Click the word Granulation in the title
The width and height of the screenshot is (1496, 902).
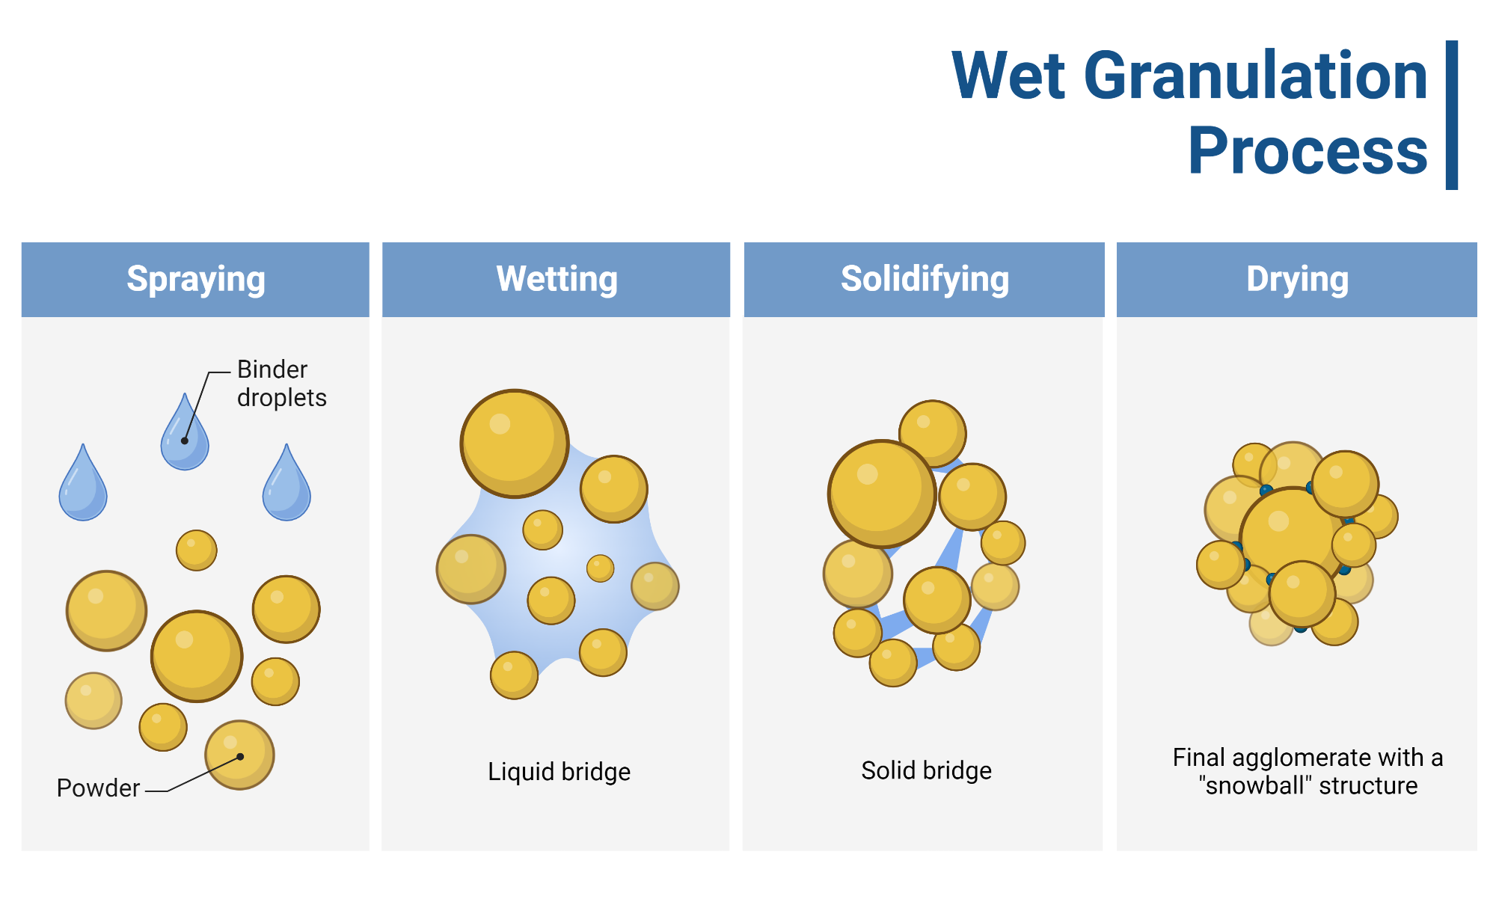pyautogui.click(x=1256, y=76)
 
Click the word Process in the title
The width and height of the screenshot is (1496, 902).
pyautogui.click(x=1308, y=151)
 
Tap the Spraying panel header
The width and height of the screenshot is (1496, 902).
pyautogui.click(x=195, y=279)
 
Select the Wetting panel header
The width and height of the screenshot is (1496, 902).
pyautogui.click(x=557, y=279)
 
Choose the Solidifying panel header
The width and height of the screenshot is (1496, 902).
pyautogui.click(x=925, y=279)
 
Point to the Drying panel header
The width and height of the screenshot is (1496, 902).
pyautogui.click(x=1297, y=279)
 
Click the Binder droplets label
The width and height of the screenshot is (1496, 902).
pyautogui.click(x=282, y=383)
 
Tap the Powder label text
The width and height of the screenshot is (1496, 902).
pyautogui.click(x=98, y=788)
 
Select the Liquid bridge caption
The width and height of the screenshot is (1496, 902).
pyautogui.click(x=559, y=771)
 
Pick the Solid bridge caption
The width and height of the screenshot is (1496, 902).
pyautogui.click(x=926, y=770)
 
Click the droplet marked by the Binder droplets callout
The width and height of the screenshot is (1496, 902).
pyautogui.click(x=185, y=433)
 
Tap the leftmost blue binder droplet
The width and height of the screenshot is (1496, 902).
pyautogui.click(x=83, y=483)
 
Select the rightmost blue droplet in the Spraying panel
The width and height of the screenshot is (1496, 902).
pyautogui.click(x=286, y=483)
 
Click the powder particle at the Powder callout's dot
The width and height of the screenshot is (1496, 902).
pyautogui.click(x=239, y=755)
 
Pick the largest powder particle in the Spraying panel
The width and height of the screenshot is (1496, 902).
pyautogui.click(x=197, y=656)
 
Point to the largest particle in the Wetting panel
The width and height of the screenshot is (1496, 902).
pyautogui.click(x=515, y=444)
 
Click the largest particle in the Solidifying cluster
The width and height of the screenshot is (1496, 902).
pyautogui.click(x=882, y=494)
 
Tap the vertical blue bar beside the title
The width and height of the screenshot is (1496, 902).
pyautogui.click(x=1452, y=115)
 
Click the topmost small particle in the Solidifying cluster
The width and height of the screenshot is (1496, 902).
pyautogui.click(x=933, y=433)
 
